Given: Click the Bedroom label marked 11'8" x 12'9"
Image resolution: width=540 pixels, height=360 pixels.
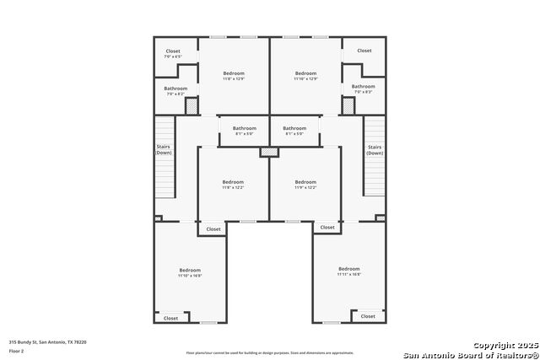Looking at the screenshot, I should click(234, 76).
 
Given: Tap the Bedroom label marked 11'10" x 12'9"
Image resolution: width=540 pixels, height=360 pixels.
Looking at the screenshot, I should click(305, 76).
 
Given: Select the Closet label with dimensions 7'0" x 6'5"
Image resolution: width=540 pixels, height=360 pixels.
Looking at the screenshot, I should click(173, 53).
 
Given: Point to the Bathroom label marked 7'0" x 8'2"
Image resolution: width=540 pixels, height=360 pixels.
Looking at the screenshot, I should click(175, 91).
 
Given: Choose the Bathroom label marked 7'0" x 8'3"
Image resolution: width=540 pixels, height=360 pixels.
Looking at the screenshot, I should click(364, 89).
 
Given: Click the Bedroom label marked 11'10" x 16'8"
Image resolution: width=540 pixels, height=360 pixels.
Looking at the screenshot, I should click(190, 272).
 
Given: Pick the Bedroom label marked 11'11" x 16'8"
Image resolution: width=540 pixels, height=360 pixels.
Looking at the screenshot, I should click(349, 271).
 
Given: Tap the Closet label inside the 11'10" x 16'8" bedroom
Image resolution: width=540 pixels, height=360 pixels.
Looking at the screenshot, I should click(170, 318).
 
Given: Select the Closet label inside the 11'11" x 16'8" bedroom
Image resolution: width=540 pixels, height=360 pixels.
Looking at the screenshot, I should click(368, 316).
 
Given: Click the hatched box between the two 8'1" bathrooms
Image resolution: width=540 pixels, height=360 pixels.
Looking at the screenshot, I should click(269, 152).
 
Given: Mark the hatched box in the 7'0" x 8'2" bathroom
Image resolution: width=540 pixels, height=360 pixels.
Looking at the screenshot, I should click(192, 106).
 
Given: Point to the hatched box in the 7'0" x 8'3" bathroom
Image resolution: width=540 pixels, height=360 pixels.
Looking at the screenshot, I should click(348, 106).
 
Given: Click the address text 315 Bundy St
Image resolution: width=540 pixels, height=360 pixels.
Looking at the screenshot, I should click(47, 342).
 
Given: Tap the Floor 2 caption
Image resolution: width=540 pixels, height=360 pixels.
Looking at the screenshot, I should click(17, 350).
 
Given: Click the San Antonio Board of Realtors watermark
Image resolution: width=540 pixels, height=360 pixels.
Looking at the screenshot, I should click(470, 354).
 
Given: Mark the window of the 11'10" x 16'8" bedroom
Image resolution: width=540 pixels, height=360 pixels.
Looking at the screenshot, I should click(208, 322).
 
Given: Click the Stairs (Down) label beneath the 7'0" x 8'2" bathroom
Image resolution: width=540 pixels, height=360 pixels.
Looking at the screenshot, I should click(164, 150).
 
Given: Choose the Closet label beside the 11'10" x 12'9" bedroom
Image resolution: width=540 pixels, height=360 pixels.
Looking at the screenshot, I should click(364, 51).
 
